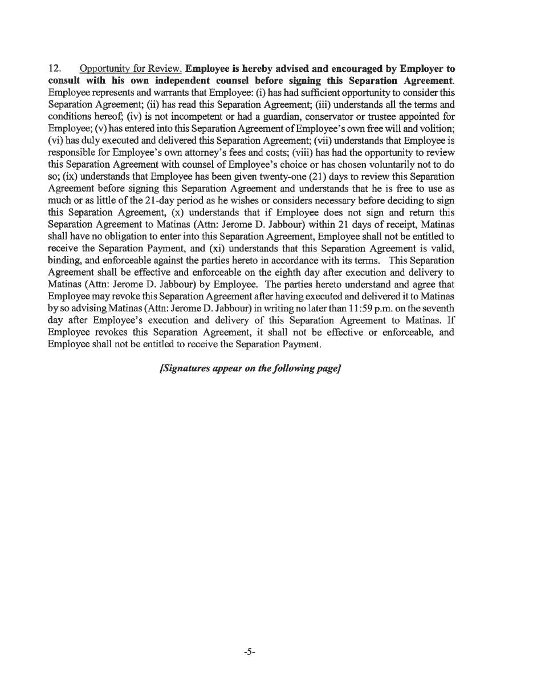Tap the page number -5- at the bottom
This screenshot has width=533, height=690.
[x=249, y=651]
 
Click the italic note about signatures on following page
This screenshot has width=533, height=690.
[x=250, y=368]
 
